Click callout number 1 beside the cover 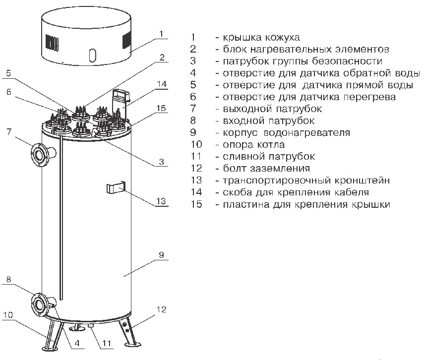click(162, 33)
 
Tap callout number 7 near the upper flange click(8, 131)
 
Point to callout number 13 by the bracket click(160, 201)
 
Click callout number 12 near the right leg click(159, 309)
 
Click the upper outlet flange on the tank click(38, 153)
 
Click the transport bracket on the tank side click(115, 187)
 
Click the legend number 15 click(196, 204)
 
